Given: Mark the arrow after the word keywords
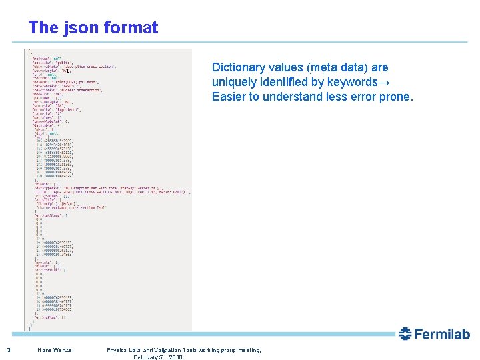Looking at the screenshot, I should pyautogui.click(x=386, y=82).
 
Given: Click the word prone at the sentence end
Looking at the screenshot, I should pyautogui.click(x=397, y=97).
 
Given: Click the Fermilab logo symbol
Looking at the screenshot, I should pyautogui.click(x=405, y=334).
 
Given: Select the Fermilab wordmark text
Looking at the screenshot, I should pyautogui.click(x=443, y=334).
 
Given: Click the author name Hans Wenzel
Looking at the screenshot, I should pyautogui.click(x=55, y=350).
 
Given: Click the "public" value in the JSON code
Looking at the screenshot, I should pyautogui.click(x=64, y=63).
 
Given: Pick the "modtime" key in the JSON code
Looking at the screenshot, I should pyautogui.click(x=41, y=58).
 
